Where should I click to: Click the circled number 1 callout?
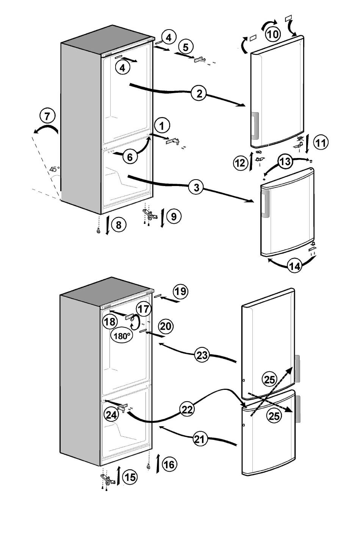pos(162,125)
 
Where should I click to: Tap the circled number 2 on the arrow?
pos(199,93)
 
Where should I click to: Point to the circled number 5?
pos(185,47)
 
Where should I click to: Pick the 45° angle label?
pos(55,169)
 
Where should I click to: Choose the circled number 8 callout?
pos(119,225)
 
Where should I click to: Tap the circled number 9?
pos(174,216)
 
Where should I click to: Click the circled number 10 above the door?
pos(272,34)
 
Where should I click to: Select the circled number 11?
pos(321,143)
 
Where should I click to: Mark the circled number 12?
pos(239,163)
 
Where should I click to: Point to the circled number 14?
pos(294,266)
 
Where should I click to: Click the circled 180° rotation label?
pos(121,335)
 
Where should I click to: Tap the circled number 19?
pos(180,291)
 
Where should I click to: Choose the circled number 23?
pos(202,355)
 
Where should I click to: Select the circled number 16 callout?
pos(169,464)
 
